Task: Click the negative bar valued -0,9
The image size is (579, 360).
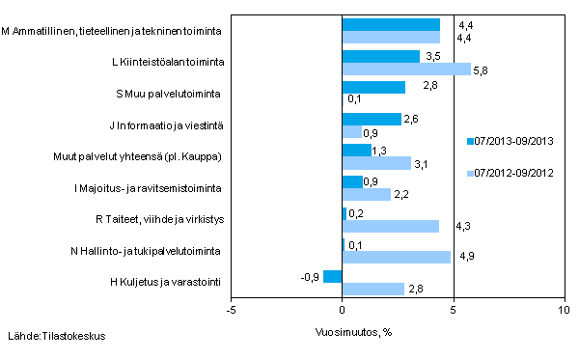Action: [x=332, y=277]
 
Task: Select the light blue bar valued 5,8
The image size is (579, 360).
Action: [x=406, y=69]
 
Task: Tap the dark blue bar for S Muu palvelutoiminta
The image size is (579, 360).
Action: [x=373, y=88]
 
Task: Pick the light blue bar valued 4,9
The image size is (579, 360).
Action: [x=397, y=258]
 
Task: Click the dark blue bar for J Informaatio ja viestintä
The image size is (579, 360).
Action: [x=372, y=119]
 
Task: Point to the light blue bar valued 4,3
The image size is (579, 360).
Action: [x=390, y=226]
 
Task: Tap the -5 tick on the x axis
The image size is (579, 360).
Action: [x=231, y=311]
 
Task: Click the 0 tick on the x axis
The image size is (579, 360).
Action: [x=343, y=311]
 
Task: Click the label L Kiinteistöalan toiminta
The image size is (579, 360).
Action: [x=170, y=63]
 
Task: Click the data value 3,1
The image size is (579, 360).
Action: [x=422, y=163]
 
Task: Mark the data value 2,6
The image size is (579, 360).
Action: [x=411, y=119]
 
